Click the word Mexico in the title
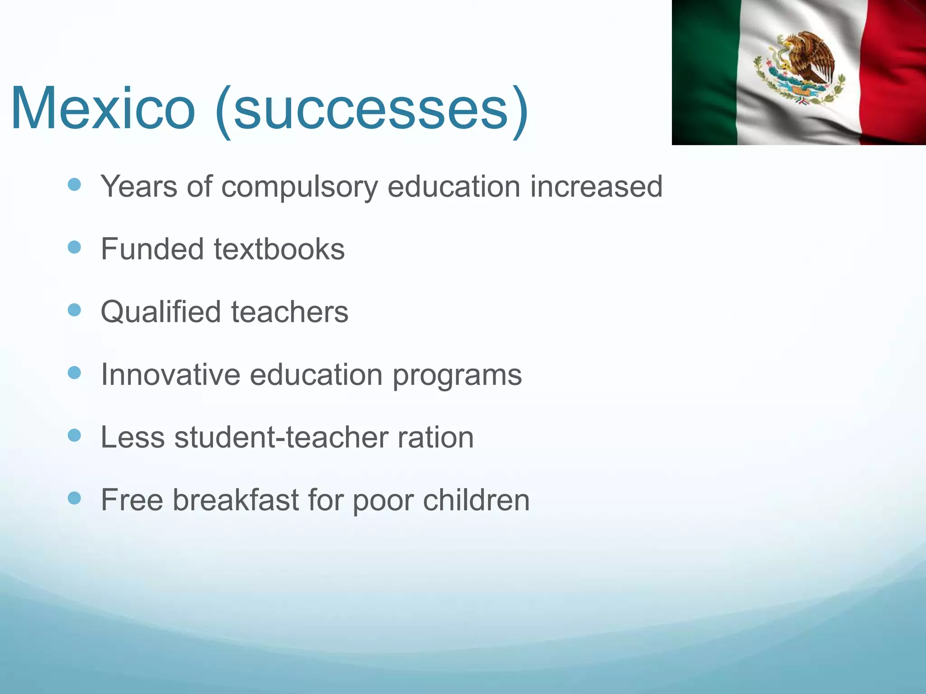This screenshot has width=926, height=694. click(103, 109)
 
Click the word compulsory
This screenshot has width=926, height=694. click(299, 187)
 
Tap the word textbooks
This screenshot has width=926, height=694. click(279, 249)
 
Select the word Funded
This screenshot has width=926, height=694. click(152, 249)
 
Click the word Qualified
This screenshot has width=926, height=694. click(161, 312)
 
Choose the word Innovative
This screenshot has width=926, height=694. click(170, 375)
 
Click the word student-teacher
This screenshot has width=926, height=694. click(281, 437)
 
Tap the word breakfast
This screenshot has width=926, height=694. click(236, 500)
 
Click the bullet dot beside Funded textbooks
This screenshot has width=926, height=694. click(74, 247)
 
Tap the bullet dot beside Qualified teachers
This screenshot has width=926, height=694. click(74, 310)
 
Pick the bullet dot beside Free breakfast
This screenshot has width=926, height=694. click(74, 498)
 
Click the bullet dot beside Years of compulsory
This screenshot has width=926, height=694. click(74, 184)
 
